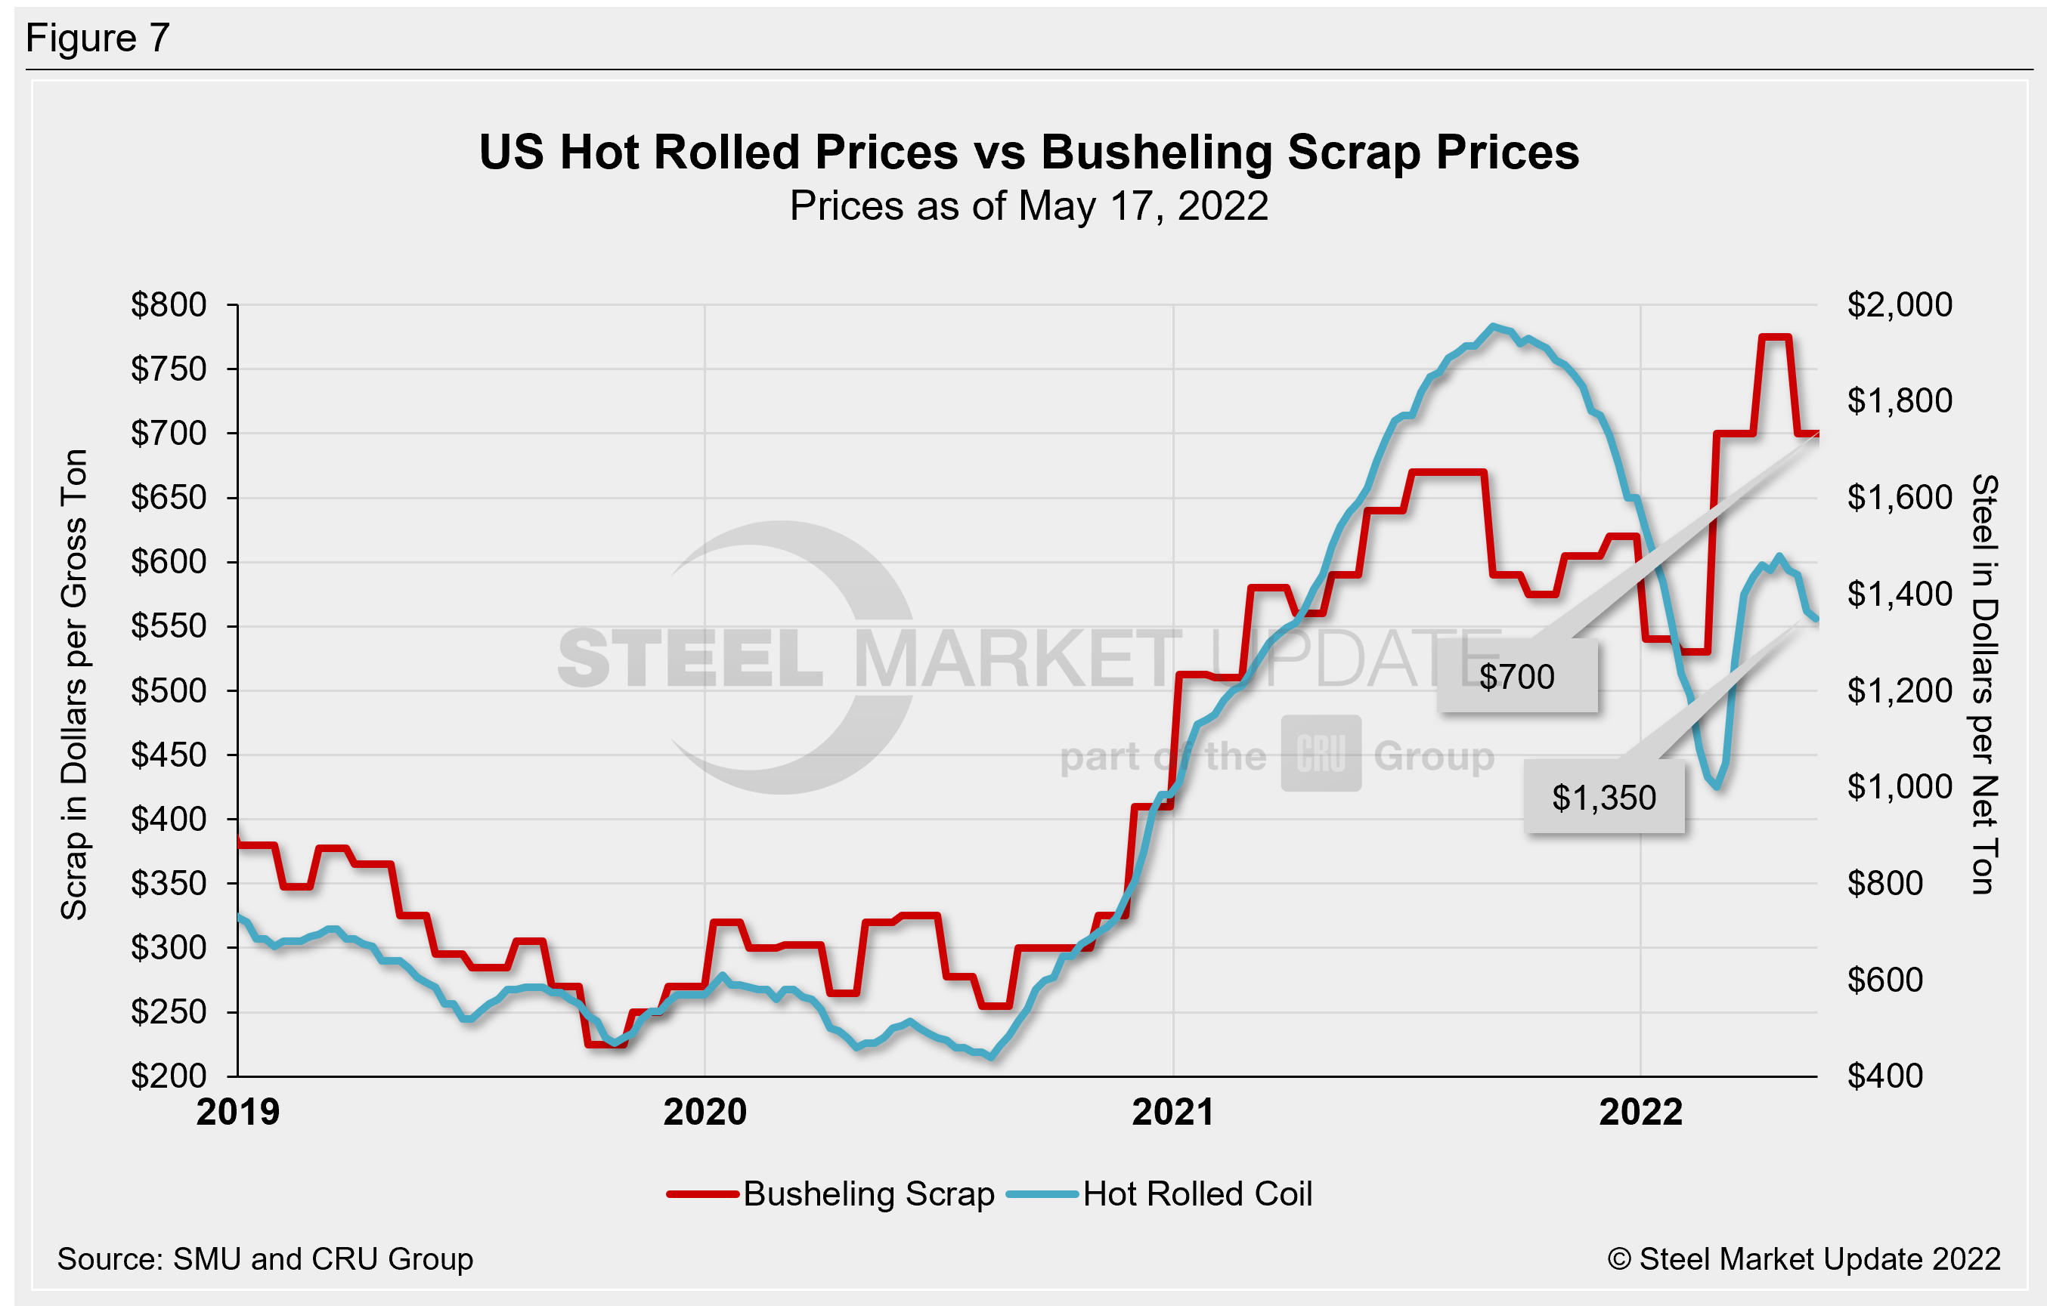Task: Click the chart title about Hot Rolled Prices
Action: pyautogui.click(x=1029, y=152)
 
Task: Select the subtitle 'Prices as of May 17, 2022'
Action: pyautogui.click(x=1029, y=206)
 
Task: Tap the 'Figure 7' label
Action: pyautogui.click(x=98, y=39)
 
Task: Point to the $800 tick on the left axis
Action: pyautogui.click(x=169, y=304)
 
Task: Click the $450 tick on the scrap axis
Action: pyautogui.click(x=169, y=755)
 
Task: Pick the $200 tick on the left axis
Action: pyautogui.click(x=169, y=1076)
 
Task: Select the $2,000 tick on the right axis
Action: pyautogui.click(x=1899, y=304)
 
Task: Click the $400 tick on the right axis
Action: pyautogui.click(x=1884, y=1076)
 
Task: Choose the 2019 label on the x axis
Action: pyautogui.click(x=237, y=1113)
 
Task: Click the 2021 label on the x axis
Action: pyautogui.click(x=1173, y=1113)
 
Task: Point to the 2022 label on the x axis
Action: pyautogui.click(x=1640, y=1113)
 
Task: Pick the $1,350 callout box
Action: pyautogui.click(x=1604, y=798)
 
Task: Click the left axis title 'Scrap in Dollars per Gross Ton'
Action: pyautogui.click(x=75, y=685)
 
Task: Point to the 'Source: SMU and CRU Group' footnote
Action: pyautogui.click(x=265, y=1258)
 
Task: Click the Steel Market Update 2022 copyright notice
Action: pyautogui.click(x=1804, y=1258)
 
